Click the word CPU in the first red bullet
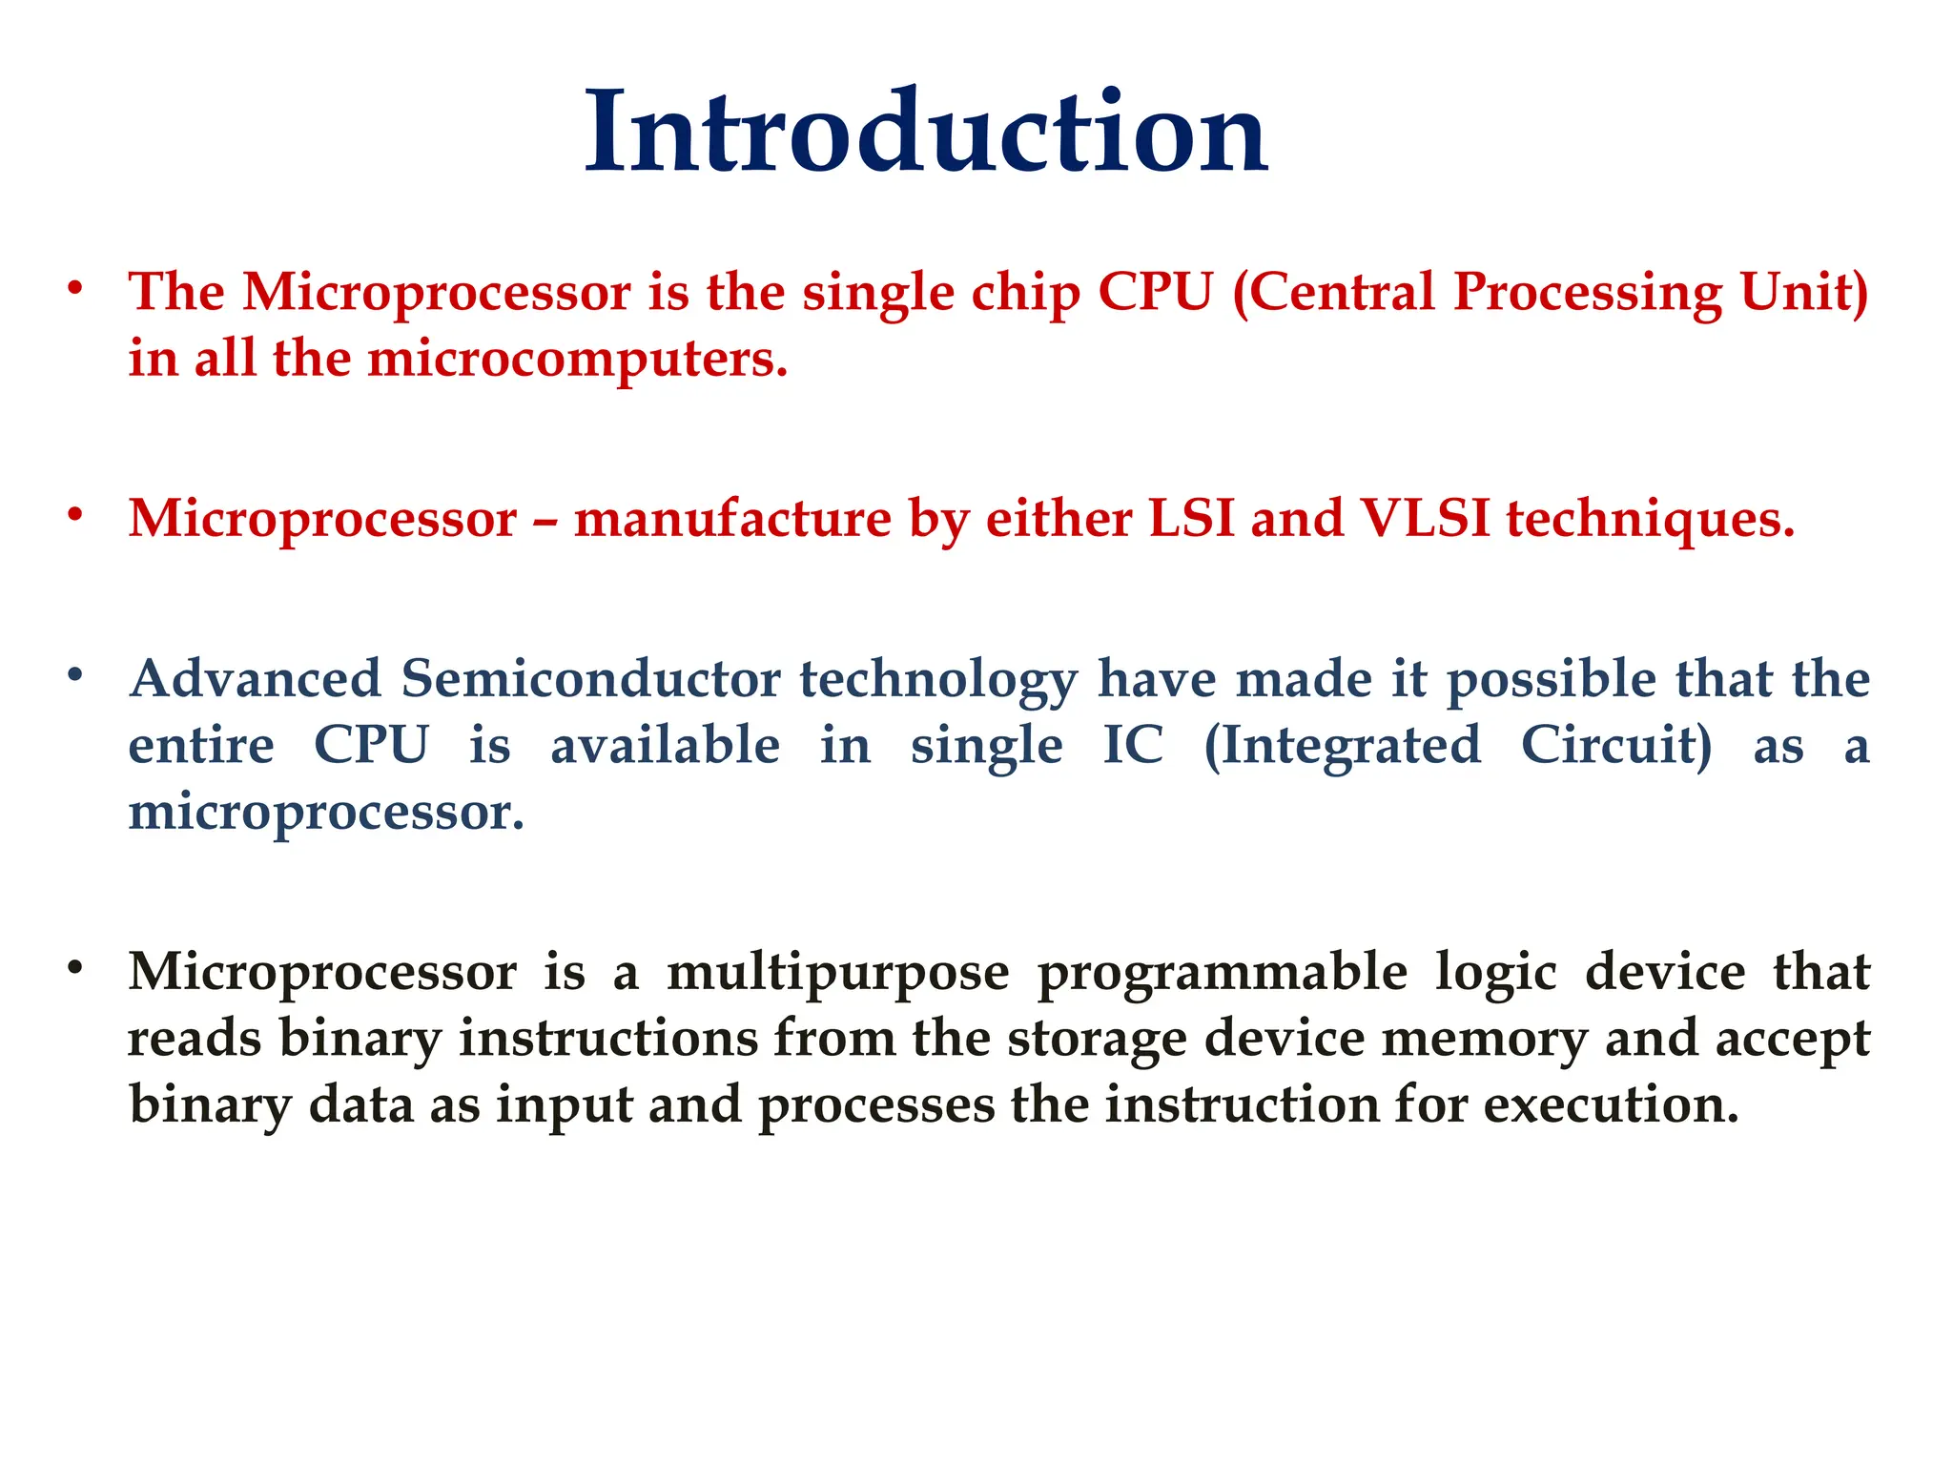(x=1155, y=292)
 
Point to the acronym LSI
(x=1191, y=519)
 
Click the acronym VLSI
(x=1425, y=519)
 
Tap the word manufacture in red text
(x=731, y=519)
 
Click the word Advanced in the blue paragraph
(x=256, y=679)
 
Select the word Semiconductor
(x=590, y=679)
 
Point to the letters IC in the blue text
(x=1133, y=745)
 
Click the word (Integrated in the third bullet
(x=1342, y=746)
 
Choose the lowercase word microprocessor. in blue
(x=326, y=813)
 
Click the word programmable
(x=1222, y=972)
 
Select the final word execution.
(x=1611, y=1105)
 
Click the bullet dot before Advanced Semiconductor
(x=75, y=676)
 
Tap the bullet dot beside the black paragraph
(x=75, y=969)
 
